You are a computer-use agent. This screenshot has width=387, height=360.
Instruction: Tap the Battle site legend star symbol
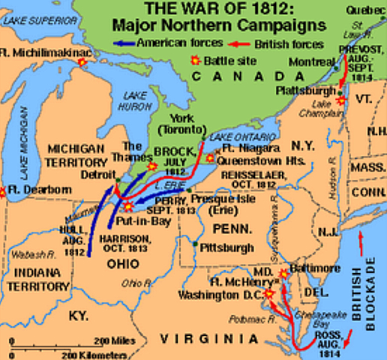pos(196,61)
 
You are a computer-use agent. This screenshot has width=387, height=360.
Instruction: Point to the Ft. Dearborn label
pos(31,190)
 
